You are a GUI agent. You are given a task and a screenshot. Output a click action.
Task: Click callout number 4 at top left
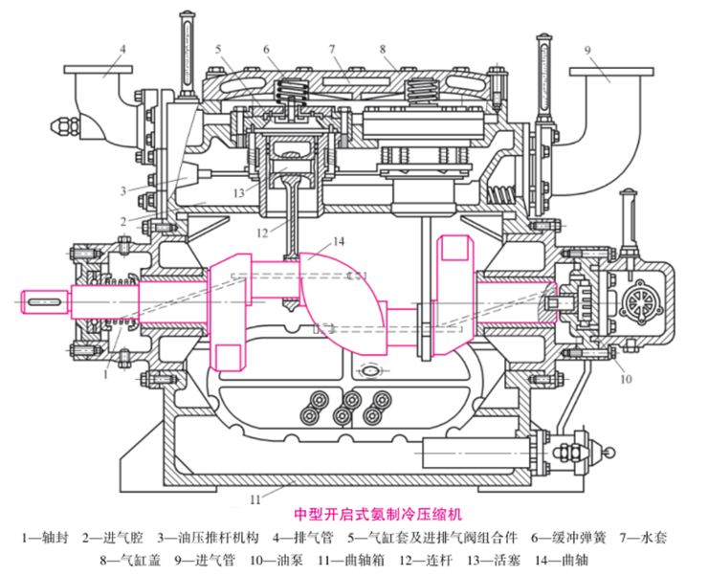[122, 48]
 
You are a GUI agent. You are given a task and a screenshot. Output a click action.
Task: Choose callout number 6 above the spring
[267, 48]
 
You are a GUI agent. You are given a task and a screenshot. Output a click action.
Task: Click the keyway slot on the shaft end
[46, 302]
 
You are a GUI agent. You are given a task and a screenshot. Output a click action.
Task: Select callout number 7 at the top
[331, 48]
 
